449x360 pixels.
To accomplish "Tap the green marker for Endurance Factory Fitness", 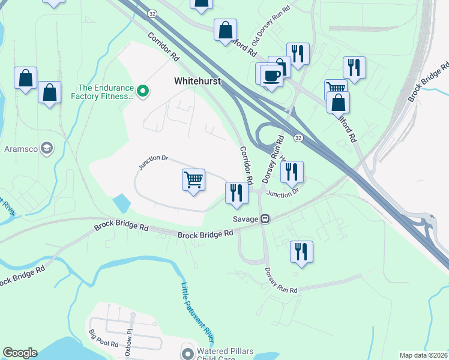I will pos(143,91).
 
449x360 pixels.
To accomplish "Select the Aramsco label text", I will pos(21,149).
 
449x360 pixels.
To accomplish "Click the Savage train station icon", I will pos(264,219).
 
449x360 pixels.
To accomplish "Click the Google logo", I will pos(20,353).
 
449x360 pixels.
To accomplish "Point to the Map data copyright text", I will pos(423,355).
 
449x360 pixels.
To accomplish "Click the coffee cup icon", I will pos(272,76).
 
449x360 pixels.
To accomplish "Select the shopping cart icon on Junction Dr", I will pos(193,179).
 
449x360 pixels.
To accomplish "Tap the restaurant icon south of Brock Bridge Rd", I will pos(301,251).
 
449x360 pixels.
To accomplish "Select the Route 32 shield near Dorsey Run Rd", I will pos(298,139).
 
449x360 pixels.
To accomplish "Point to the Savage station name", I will pos(247,219).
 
